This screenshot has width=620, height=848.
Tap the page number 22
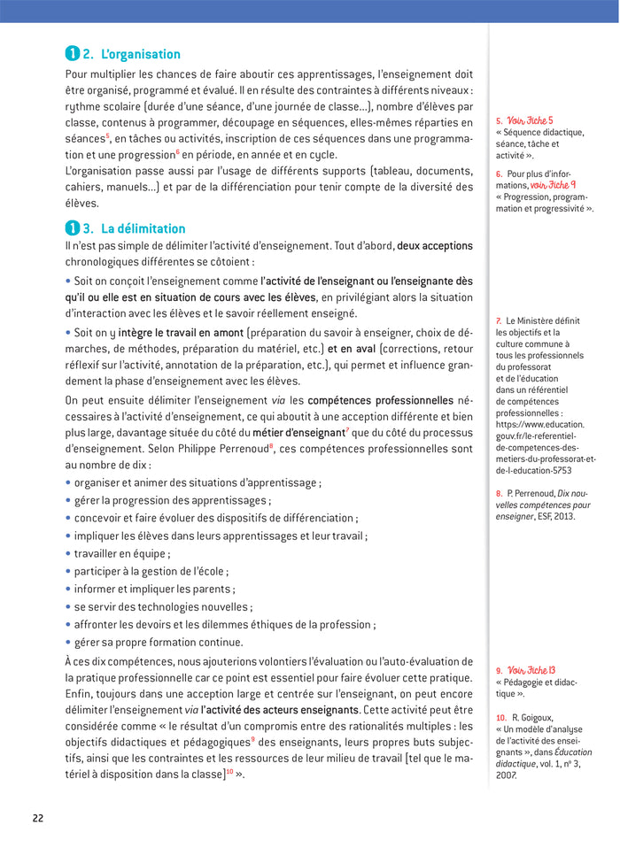pos(37,817)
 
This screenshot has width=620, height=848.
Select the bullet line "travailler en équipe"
pos(121,553)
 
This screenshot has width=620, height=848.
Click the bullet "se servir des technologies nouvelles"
pos(163,606)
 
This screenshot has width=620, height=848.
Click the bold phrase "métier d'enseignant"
pos(298,433)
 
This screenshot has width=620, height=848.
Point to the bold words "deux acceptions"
pos(434,245)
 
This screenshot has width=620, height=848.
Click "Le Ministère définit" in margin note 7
pos(543,320)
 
